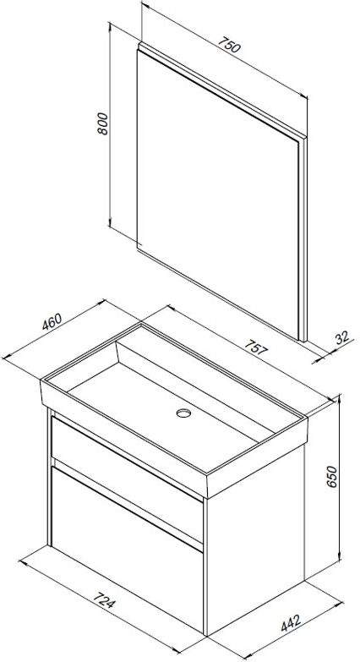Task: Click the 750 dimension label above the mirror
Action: tap(229, 45)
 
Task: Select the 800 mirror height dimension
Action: tap(102, 123)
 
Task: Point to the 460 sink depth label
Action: tap(52, 321)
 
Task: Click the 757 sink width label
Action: tap(256, 347)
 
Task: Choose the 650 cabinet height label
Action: tap(333, 477)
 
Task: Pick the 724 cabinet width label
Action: tap(103, 601)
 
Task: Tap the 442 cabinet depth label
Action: tap(292, 623)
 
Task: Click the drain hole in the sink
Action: tap(183, 413)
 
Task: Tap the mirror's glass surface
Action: tap(217, 194)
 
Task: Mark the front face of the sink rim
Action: tap(123, 438)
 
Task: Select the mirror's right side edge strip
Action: tap(303, 239)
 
